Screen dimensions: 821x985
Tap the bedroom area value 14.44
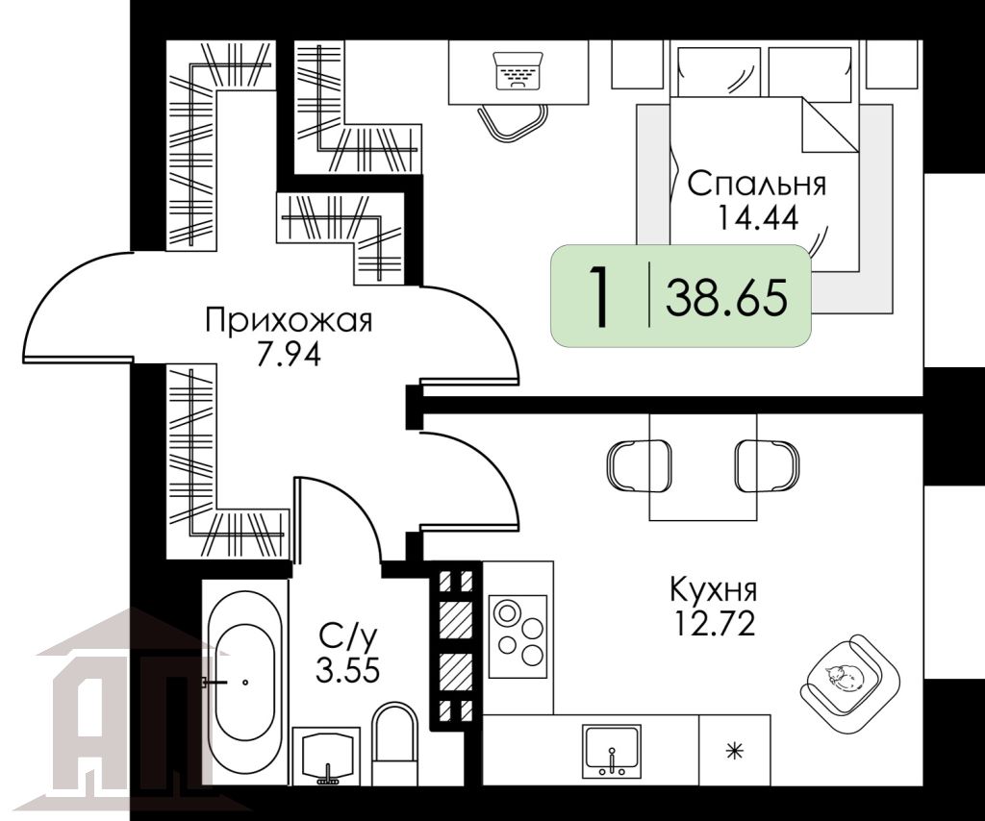pyautogui.click(x=757, y=216)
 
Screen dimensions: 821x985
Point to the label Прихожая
pyautogui.click(x=289, y=321)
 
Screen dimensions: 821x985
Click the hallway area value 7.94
pyautogui.click(x=289, y=354)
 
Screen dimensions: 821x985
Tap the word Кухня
pyautogui.click(x=713, y=588)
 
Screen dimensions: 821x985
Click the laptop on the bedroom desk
pyautogui.click(x=518, y=71)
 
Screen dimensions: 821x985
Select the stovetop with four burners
pyautogui.click(x=518, y=635)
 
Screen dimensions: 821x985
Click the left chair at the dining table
pyautogui.click(x=638, y=465)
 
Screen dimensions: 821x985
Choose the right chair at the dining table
pyautogui.click(x=767, y=465)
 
